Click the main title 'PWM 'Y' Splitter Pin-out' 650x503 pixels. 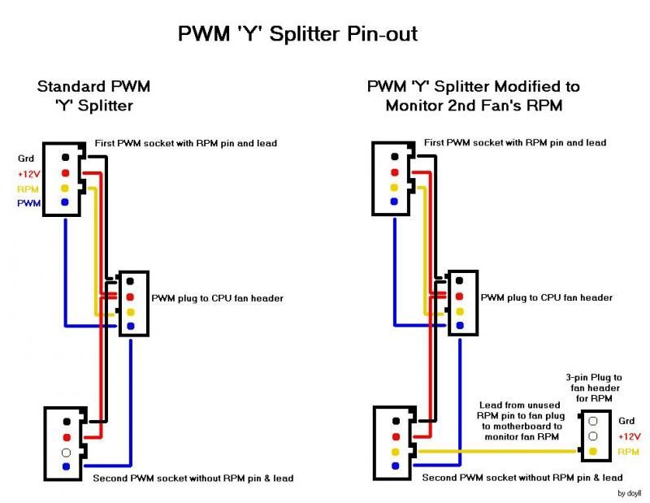[297, 35]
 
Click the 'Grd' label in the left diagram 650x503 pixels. [27, 159]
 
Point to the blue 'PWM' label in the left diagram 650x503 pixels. [28, 203]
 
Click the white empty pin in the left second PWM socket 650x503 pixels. [65, 452]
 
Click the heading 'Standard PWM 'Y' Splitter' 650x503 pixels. [93, 96]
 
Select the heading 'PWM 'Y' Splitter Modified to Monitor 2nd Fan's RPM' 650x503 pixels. [473, 96]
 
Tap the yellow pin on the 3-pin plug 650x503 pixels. [594, 452]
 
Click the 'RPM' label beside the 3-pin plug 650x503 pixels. [629, 452]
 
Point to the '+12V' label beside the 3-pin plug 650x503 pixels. [629, 436]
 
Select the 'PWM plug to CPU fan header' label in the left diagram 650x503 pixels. [217, 298]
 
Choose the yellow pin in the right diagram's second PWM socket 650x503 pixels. [394, 452]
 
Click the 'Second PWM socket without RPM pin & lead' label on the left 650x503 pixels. [193, 478]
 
